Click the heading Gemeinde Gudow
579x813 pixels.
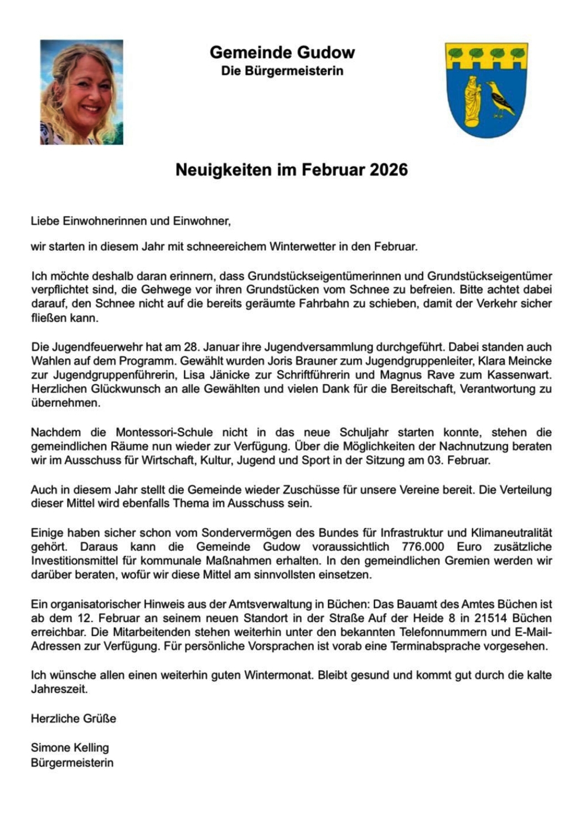[282, 53]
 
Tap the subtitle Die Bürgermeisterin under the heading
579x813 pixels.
[282, 71]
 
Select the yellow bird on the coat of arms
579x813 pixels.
[500, 100]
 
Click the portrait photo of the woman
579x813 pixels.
[81, 92]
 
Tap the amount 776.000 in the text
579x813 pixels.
[423, 547]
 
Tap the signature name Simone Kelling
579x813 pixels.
[70, 748]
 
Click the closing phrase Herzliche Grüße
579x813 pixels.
[74, 719]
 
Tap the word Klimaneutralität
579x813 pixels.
[511, 533]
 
